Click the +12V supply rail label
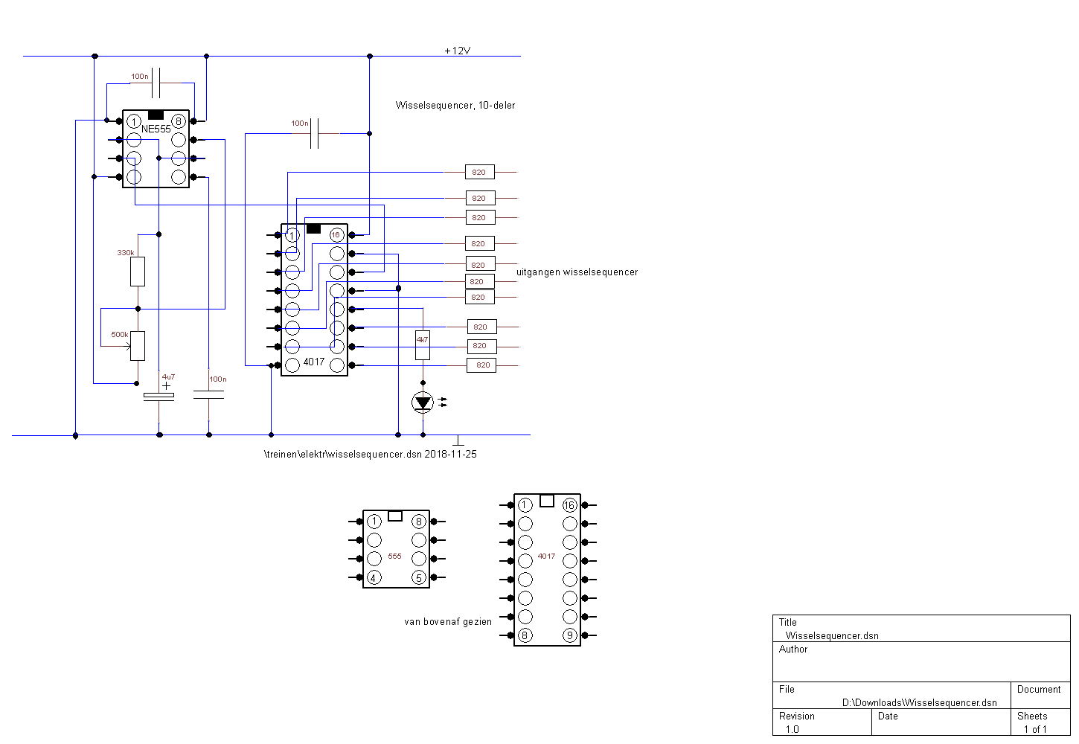coord(457,51)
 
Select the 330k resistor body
coord(138,272)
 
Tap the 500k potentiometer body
coord(138,346)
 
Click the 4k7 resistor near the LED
coord(423,344)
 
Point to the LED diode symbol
coord(423,403)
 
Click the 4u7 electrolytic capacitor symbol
coord(159,397)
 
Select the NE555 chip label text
coord(156,129)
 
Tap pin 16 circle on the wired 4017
coord(336,235)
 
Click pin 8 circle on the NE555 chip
coord(179,121)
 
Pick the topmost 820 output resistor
coord(480,172)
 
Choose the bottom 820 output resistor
coord(481,365)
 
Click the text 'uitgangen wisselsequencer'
coord(577,272)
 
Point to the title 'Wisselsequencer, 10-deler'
coord(455,105)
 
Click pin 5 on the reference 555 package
coord(419,577)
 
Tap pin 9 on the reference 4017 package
coord(570,635)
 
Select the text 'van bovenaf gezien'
coord(448,622)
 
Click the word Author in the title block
coord(793,649)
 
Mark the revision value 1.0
coord(792,729)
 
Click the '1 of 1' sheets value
coord(1035,729)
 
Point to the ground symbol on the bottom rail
coord(458,440)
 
